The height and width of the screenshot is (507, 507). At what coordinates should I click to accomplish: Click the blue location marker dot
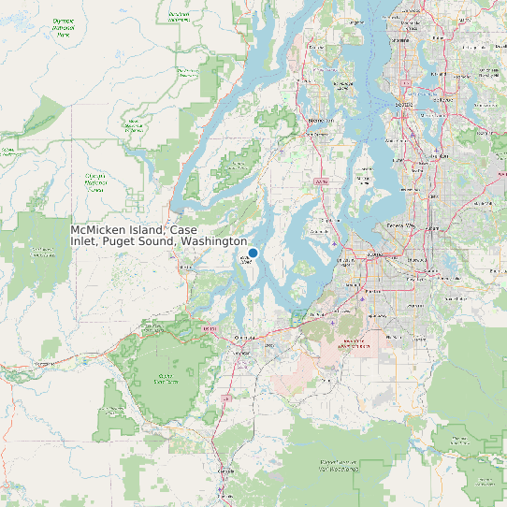[x=253, y=253]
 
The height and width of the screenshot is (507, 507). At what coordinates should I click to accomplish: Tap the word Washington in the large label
[x=214, y=241]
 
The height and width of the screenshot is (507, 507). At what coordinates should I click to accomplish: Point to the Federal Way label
[x=399, y=225]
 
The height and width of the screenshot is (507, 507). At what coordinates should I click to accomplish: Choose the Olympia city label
[x=246, y=335]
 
